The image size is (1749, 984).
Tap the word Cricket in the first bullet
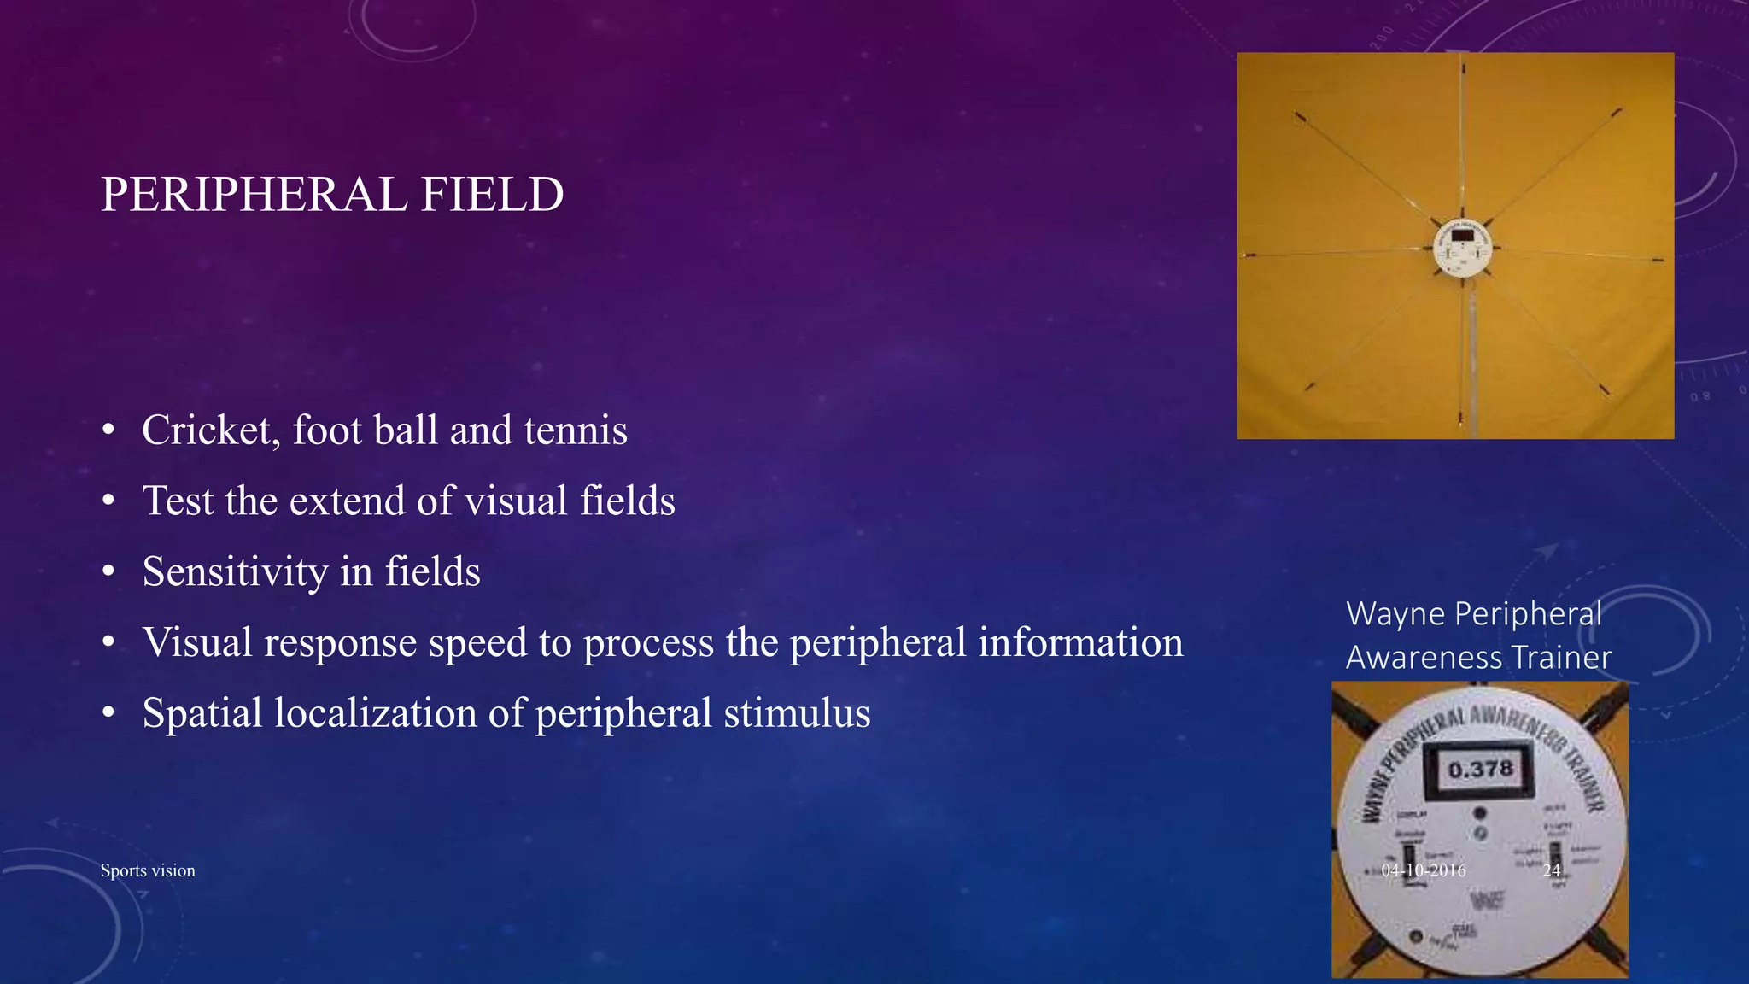pos(210,430)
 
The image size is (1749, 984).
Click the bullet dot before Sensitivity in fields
pos(108,571)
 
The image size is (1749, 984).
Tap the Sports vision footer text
pos(148,870)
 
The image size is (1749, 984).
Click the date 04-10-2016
pos(1424,870)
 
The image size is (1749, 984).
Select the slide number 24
pos(1552,870)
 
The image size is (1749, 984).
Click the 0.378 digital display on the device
pos(1480,770)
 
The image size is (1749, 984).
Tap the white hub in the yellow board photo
pos(1462,249)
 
